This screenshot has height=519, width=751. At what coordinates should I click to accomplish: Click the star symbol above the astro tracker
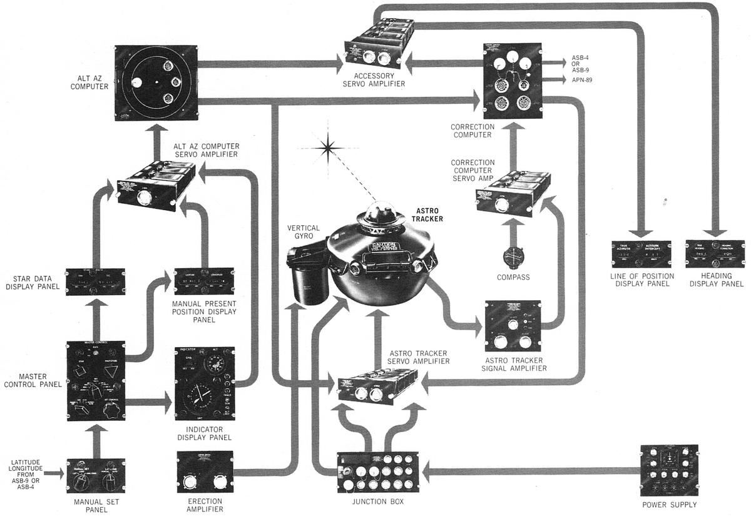[x=326, y=148]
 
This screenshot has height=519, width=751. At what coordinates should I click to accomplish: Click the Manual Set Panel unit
[x=96, y=476]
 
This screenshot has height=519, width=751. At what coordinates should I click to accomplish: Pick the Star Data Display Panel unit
[x=96, y=281]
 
